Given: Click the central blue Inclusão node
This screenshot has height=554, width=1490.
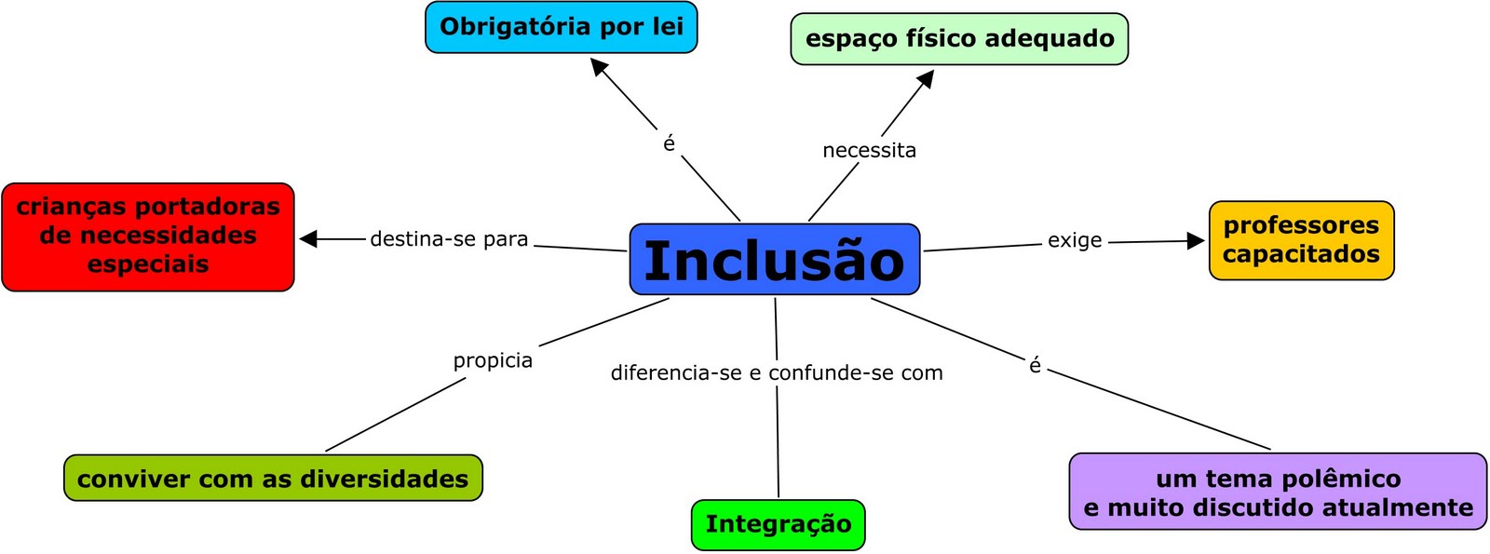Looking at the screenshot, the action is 774,260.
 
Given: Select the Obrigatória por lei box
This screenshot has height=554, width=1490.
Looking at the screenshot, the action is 561,27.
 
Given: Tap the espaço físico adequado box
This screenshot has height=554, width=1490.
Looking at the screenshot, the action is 959,39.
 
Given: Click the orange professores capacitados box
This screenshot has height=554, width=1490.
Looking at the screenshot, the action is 1301,240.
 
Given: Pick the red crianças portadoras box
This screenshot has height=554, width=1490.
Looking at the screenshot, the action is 148,236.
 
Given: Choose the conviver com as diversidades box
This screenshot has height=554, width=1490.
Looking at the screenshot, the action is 273,479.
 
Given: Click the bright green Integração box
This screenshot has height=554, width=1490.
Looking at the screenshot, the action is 778,524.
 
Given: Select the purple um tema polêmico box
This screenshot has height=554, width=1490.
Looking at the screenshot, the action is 1278,493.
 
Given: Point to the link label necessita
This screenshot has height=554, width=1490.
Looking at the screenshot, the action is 869,151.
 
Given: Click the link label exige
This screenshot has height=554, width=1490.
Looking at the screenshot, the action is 1075,240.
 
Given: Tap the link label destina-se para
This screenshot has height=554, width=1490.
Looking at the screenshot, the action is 449,239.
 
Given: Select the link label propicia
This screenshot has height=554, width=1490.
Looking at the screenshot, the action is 493,360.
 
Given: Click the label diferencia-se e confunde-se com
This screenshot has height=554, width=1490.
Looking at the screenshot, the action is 777,373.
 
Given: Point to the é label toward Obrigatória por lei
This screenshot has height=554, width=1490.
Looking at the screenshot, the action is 669,143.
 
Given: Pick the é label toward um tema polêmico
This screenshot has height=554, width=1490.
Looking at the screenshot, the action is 1035,366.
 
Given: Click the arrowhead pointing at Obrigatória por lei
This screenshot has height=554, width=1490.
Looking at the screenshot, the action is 600,68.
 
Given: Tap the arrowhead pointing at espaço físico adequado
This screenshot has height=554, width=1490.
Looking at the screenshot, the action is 925,79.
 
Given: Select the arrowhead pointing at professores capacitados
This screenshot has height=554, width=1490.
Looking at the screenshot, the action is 1196,241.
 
